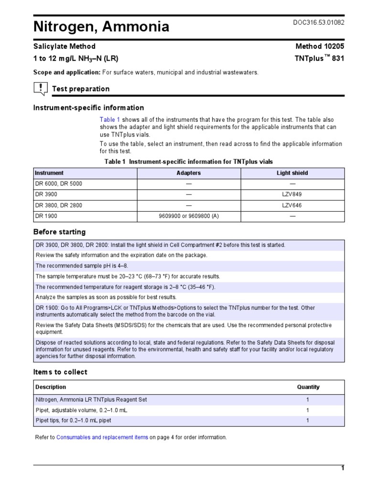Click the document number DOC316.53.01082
(319, 22)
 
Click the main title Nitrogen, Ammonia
(101, 27)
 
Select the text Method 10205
(320, 46)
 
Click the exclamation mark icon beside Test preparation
(40, 88)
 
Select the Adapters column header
(189, 173)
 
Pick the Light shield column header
(292, 173)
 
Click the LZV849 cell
(292, 194)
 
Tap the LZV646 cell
(292, 205)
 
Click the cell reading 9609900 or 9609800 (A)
(189, 216)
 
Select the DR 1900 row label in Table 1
(46, 216)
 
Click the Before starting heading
(59, 232)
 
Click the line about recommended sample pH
(82, 266)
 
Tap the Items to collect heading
(60, 372)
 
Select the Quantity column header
(308, 387)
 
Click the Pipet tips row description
(73, 421)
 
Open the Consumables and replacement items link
(102, 437)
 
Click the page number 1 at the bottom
(342, 468)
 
